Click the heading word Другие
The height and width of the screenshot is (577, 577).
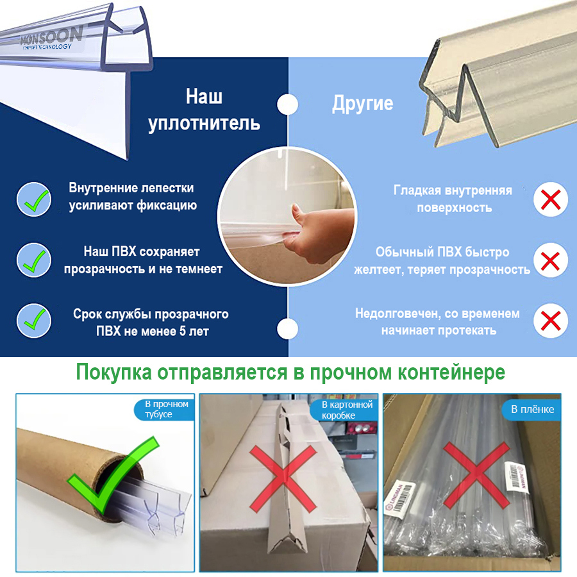[x=362, y=104]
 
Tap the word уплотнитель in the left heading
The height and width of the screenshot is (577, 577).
[x=204, y=123]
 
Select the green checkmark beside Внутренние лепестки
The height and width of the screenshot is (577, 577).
[x=33, y=199]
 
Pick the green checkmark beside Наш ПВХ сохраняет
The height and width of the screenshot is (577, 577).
[x=33, y=260]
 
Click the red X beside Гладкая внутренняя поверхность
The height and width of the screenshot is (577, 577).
[x=551, y=199]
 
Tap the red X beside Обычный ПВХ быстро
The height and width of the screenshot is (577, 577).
[x=551, y=261]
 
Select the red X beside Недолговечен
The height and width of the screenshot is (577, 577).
[x=551, y=320]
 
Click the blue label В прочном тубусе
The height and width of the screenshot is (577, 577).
[x=163, y=410]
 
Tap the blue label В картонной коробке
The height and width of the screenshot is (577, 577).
[x=346, y=410]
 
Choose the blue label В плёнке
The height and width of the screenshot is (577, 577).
[x=532, y=409]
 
